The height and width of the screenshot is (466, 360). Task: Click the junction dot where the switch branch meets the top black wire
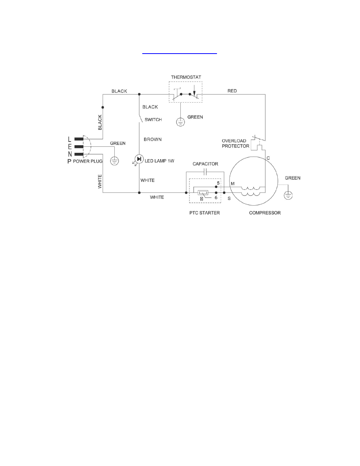pos(139,94)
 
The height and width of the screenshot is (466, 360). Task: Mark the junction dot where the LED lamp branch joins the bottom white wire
pos(139,192)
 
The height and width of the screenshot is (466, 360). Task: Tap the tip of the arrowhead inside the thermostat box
pos(194,95)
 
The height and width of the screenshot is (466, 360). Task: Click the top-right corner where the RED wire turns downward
pos(265,94)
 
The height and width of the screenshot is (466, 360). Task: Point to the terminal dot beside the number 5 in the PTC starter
pos(216,187)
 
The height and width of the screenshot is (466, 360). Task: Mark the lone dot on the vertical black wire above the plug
pos(103,107)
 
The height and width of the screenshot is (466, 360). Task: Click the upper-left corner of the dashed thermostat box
pos(169,82)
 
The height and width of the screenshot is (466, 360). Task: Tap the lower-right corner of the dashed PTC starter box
pos(221,203)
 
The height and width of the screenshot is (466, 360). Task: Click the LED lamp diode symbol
pos(139,159)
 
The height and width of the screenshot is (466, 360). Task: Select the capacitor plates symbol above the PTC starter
pos(205,172)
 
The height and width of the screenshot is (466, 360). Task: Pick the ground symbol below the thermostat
pos(180,122)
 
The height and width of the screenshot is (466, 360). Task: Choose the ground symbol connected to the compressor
pos(288,195)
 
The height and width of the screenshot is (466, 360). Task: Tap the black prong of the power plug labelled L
pos(79,139)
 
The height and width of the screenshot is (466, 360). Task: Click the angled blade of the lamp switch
pos(141,118)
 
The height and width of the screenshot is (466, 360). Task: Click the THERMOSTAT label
pos(186,77)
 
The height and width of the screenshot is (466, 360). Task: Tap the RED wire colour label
pos(232,91)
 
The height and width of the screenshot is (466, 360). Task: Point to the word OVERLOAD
pos(234,141)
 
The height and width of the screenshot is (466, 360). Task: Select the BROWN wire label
pos(153,139)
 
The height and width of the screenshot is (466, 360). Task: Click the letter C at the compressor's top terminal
pos(268,158)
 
